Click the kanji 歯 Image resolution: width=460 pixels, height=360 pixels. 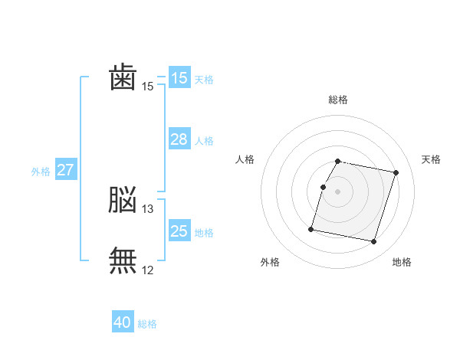tap(123, 78)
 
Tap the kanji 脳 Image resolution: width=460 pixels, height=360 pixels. tap(123, 201)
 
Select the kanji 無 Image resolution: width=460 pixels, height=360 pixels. tap(123, 260)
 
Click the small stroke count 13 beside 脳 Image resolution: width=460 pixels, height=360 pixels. tap(148, 209)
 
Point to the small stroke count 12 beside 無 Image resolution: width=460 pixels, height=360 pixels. tap(148, 270)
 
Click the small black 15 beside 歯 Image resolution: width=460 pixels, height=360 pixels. tap(148, 87)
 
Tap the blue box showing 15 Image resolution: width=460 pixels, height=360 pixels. tap(179, 78)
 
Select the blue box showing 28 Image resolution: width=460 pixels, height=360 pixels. tap(179, 139)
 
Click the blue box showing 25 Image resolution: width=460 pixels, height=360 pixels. tap(179, 231)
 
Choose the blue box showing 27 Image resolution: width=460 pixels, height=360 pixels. tap(65, 170)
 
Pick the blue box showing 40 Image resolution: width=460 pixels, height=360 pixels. tap(123, 323)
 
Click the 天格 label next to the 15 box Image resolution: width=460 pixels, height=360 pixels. tap(204, 79)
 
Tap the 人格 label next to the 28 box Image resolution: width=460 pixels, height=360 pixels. tap(204, 140)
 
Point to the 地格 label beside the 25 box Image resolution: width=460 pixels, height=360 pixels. tap(204, 232)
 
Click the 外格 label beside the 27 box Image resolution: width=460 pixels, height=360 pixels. tap(41, 172)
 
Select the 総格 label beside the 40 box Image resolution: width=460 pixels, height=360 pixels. tap(147, 324)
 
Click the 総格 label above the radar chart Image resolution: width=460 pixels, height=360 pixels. tap(338, 100)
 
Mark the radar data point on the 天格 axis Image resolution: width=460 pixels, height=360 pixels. tap(396, 173)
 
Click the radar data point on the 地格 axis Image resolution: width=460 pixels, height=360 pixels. tap(373, 242)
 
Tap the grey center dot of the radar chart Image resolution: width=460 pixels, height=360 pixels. tap(338, 191)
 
